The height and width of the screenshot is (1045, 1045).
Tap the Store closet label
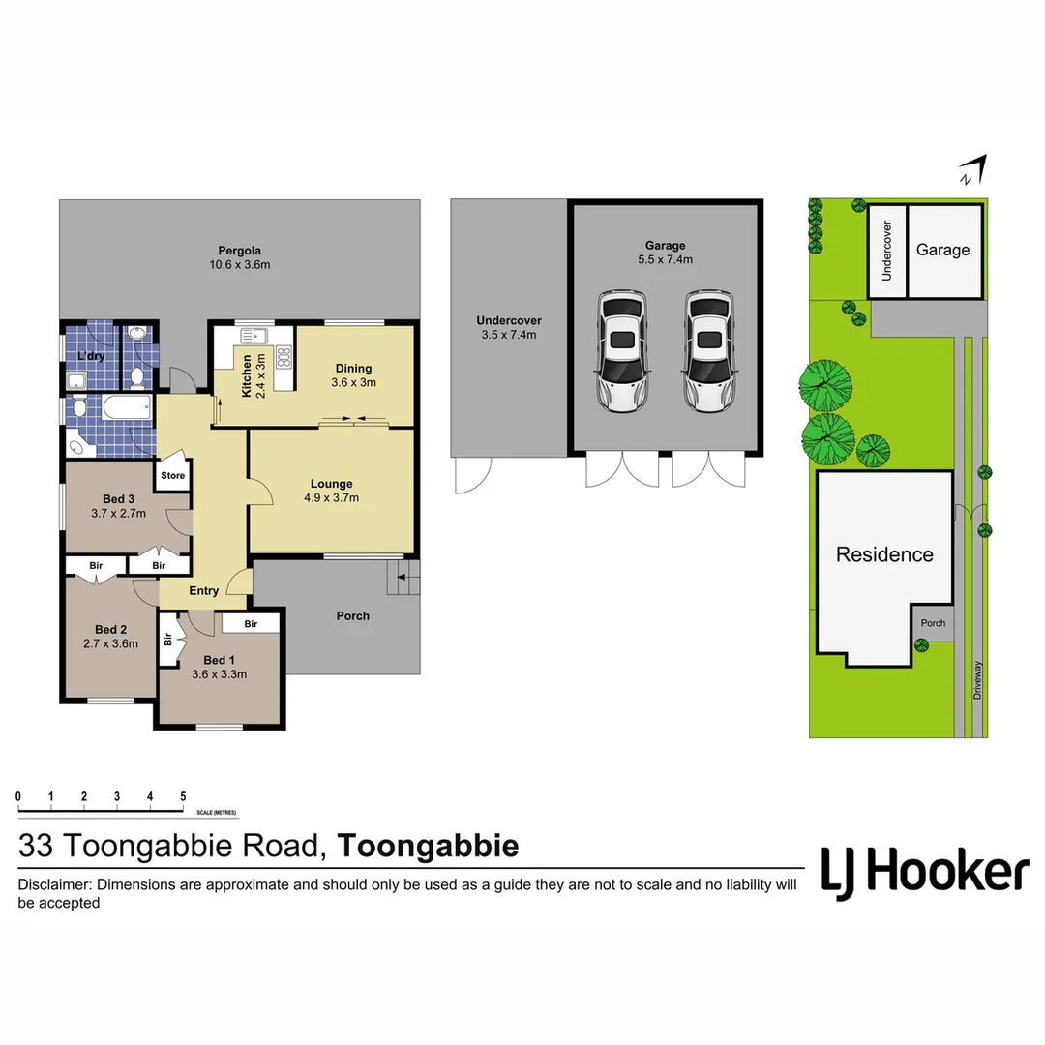click(x=172, y=476)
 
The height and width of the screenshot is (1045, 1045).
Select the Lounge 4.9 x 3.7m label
click(x=332, y=491)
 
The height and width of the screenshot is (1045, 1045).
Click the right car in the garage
click(x=709, y=351)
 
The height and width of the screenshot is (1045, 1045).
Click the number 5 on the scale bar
click(x=183, y=796)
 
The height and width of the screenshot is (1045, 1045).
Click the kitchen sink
click(x=254, y=336)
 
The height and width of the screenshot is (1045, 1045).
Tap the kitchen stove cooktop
click(x=284, y=358)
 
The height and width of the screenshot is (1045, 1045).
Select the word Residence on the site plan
click(x=884, y=554)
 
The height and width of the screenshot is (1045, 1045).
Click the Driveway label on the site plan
click(x=978, y=680)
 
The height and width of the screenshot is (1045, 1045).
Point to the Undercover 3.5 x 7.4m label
click(x=508, y=327)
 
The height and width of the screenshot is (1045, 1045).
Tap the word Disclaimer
click(x=54, y=884)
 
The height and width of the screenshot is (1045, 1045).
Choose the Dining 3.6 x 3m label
click(x=354, y=374)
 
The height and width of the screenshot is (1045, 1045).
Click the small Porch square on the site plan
click(x=933, y=624)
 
